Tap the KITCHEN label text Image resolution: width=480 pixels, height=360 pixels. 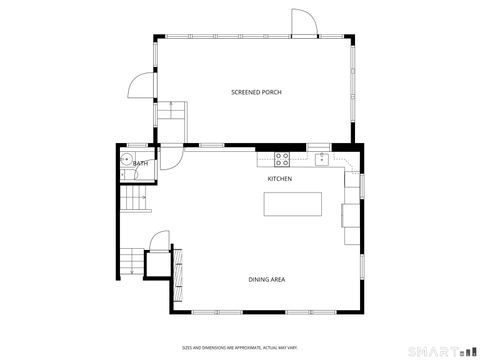click(x=279, y=179)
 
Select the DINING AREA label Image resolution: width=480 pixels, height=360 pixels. click(x=267, y=279)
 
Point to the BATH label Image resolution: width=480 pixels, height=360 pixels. click(x=141, y=163)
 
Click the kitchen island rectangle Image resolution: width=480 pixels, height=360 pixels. click(x=294, y=204)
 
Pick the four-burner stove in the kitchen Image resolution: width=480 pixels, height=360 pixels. click(x=282, y=157)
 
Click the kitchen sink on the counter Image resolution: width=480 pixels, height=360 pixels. click(x=322, y=158)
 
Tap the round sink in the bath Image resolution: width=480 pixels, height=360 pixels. click(x=127, y=159)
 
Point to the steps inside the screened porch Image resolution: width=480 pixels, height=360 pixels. click(x=171, y=112)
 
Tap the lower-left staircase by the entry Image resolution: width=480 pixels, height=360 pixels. click(x=130, y=262)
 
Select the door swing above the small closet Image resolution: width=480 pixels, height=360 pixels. click(x=158, y=241)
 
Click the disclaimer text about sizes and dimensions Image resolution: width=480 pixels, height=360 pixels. click(x=240, y=348)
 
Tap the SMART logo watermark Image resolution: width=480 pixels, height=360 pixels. click(x=446, y=349)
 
